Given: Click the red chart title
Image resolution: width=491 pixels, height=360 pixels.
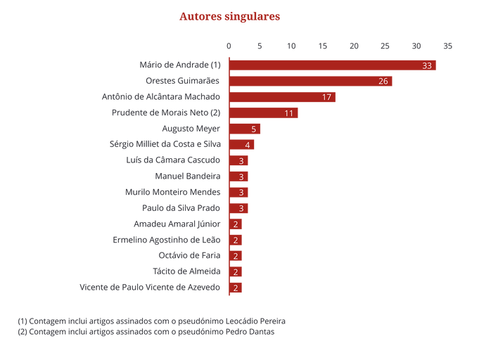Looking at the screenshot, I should tap(229, 16).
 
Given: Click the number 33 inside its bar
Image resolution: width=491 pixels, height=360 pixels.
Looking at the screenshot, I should tap(427, 65).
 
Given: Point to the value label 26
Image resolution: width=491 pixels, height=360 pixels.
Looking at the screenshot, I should tap(383, 81).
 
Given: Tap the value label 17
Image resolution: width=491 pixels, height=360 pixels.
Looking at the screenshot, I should tap(326, 97).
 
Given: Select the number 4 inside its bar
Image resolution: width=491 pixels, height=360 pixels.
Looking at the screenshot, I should tap(248, 145).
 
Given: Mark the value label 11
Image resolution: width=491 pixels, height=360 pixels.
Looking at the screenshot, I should tap(289, 112).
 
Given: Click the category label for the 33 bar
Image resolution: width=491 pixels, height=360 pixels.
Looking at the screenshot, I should tap(180, 65).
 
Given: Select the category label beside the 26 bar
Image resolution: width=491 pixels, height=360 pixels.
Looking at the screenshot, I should tap(183, 81).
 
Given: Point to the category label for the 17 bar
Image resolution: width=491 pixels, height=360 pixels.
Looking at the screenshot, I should tap(161, 97).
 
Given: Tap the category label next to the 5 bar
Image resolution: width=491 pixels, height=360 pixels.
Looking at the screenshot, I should tap(191, 129).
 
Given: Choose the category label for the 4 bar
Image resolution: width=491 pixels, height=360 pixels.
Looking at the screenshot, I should tap(165, 145).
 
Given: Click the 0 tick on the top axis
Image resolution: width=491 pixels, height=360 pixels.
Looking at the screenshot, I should tap(229, 46).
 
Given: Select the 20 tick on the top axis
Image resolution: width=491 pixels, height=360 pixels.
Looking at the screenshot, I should tap(354, 46).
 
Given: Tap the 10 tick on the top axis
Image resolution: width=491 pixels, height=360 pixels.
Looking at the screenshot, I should tap(291, 46).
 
